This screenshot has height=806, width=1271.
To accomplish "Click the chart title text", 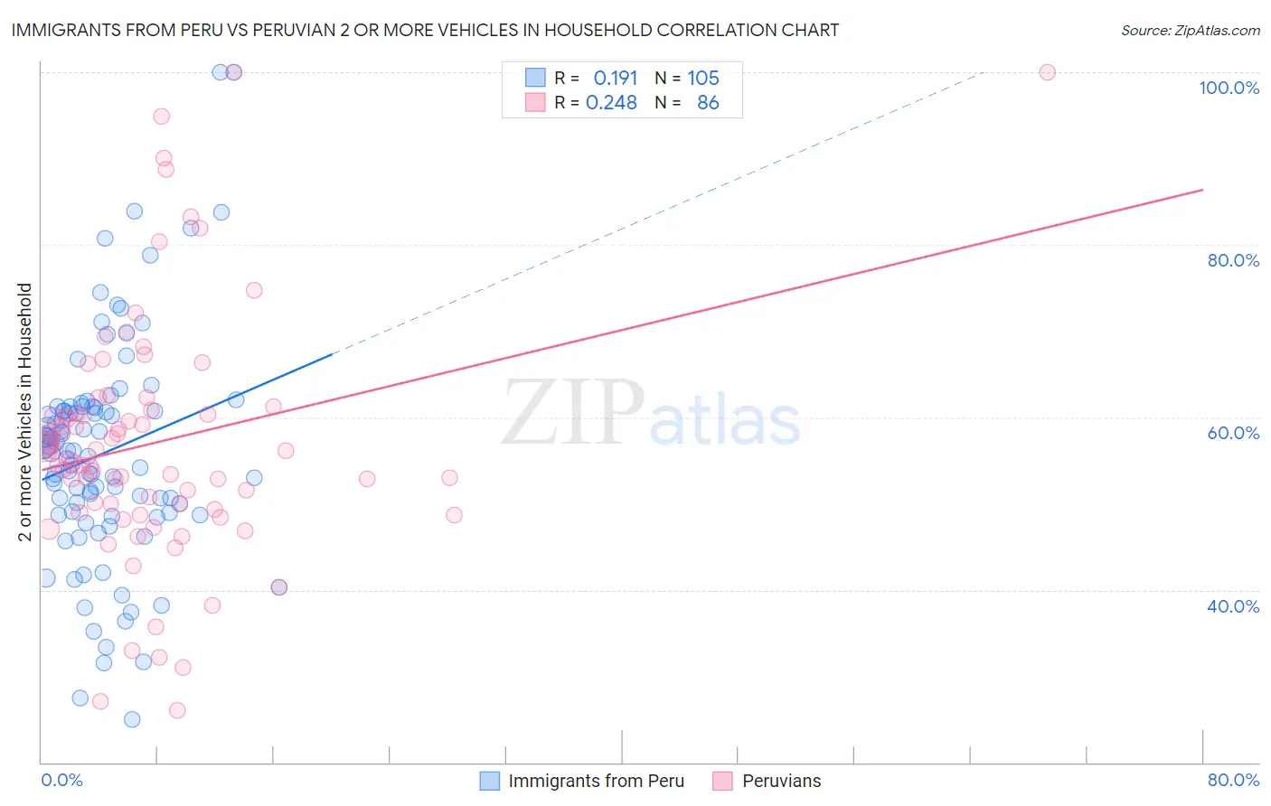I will pos(424,30).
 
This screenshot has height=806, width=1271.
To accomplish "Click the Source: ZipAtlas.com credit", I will pos(1190,30).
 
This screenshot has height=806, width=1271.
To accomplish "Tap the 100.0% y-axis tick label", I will pos(1229,88).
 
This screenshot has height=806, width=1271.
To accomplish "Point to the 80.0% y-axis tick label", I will pos(1232,260).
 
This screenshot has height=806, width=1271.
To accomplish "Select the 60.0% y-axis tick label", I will pos(1232,433).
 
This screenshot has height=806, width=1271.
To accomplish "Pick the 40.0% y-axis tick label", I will pos(1232,606).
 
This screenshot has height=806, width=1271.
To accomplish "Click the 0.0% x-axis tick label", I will pos(61,780).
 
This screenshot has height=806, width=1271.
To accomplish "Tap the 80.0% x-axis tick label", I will pos(1233,780).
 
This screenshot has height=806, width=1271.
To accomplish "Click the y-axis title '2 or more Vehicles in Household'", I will pos(25,412).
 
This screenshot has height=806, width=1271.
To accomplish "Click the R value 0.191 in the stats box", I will pos(616,79).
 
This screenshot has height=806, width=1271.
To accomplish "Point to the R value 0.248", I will pos(611,103).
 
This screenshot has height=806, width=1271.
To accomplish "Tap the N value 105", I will pos(703,79).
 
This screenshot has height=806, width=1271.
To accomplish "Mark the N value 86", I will pos(708,103).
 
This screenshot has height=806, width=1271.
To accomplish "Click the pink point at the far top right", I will pos(1047,72).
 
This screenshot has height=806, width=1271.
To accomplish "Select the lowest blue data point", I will pos(132,719).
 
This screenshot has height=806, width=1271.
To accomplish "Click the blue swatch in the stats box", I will pos(536,78).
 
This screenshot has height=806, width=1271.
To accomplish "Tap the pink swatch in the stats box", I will pos(536,102).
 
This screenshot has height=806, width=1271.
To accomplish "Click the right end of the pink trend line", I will pos(1202,190).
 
